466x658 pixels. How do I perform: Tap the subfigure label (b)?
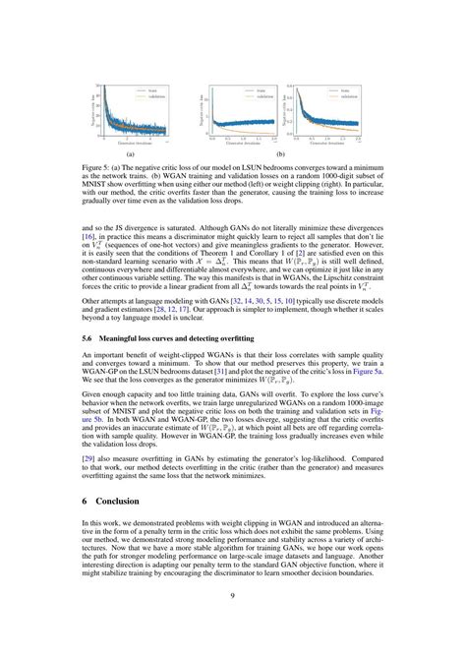pyautogui.click(x=281, y=154)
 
